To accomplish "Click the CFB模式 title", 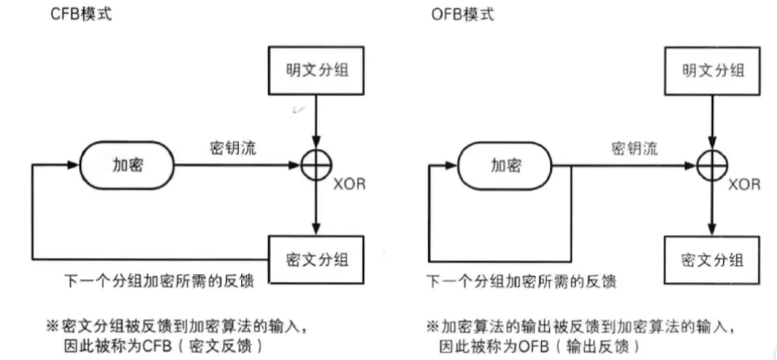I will tap(81, 14).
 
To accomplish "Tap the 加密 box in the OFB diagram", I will tap(506, 165).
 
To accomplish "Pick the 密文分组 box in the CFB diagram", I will tap(317, 260).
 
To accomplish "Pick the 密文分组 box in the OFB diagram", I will tap(712, 260).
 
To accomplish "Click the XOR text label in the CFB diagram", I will tap(350, 184).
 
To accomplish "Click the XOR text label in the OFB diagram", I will tap(743, 184).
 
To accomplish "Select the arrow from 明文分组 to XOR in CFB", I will tap(317, 123).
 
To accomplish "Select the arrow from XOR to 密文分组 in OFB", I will tap(712, 206).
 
